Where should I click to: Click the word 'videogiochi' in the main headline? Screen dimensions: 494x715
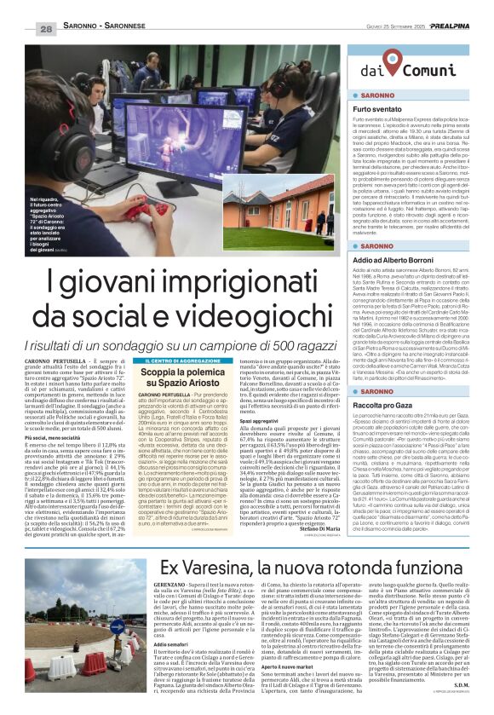tap(244, 317)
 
